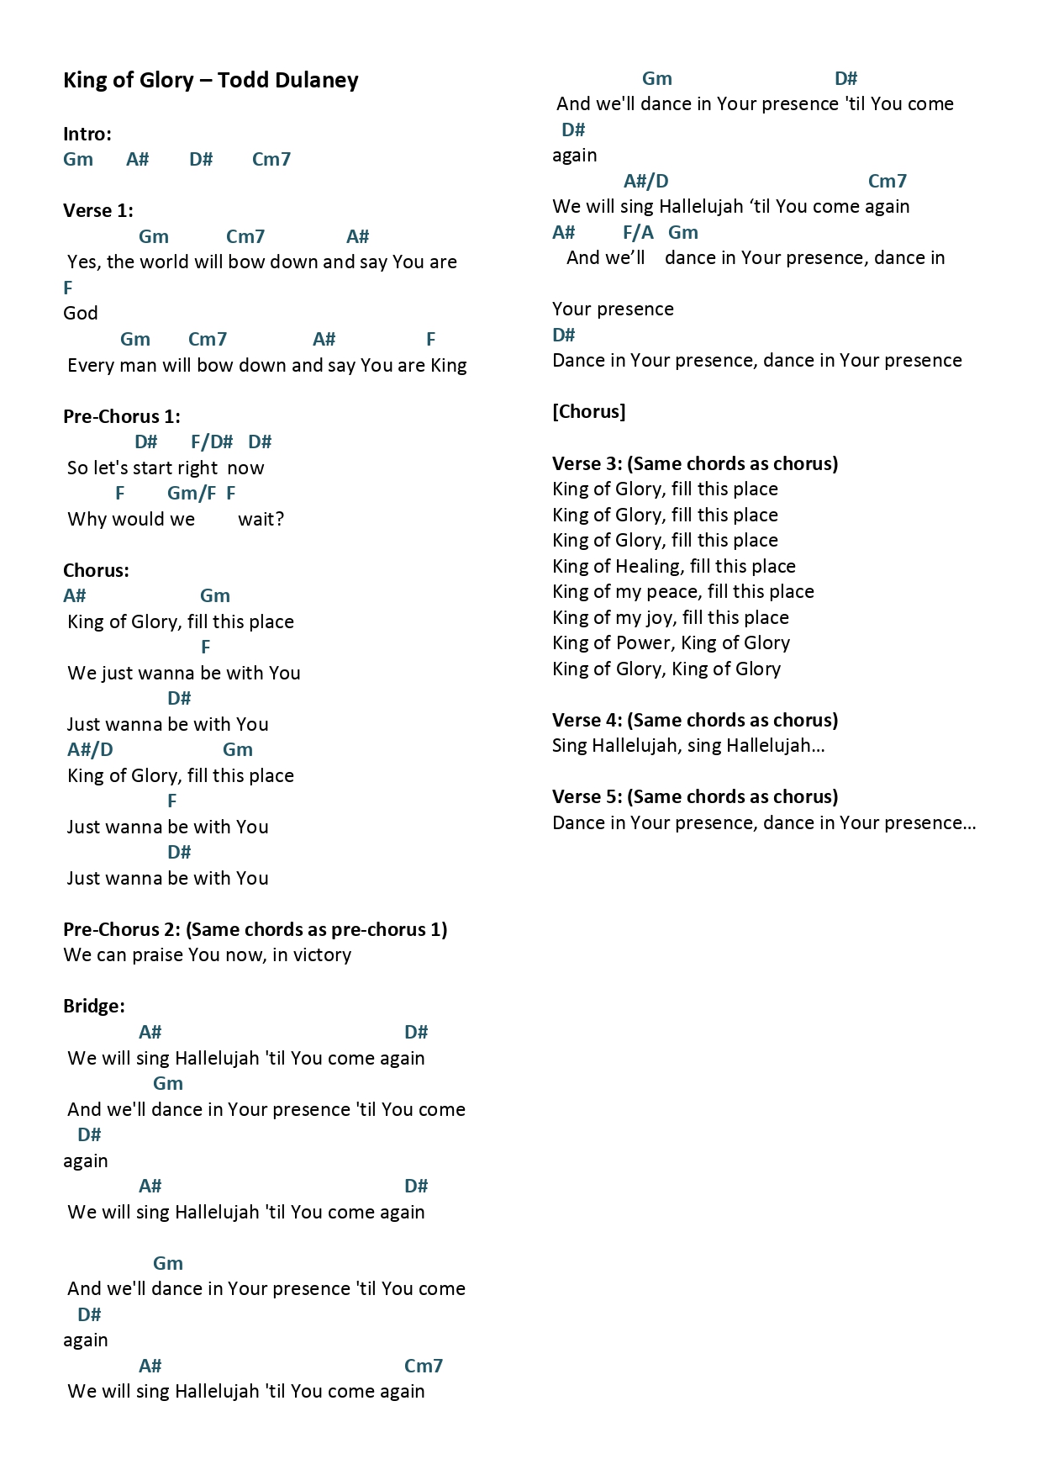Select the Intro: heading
[x=87, y=134]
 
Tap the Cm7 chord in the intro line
[x=271, y=160]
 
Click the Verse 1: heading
[x=98, y=211]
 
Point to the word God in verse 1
[x=81, y=314]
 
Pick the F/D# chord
[x=212, y=442]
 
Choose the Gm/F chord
[x=192, y=494]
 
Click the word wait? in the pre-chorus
[x=261, y=520]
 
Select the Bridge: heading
[x=94, y=1007]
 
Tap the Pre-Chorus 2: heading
[x=123, y=930]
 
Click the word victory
[x=322, y=955]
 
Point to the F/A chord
[x=638, y=233]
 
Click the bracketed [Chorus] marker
[x=589, y=412]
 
